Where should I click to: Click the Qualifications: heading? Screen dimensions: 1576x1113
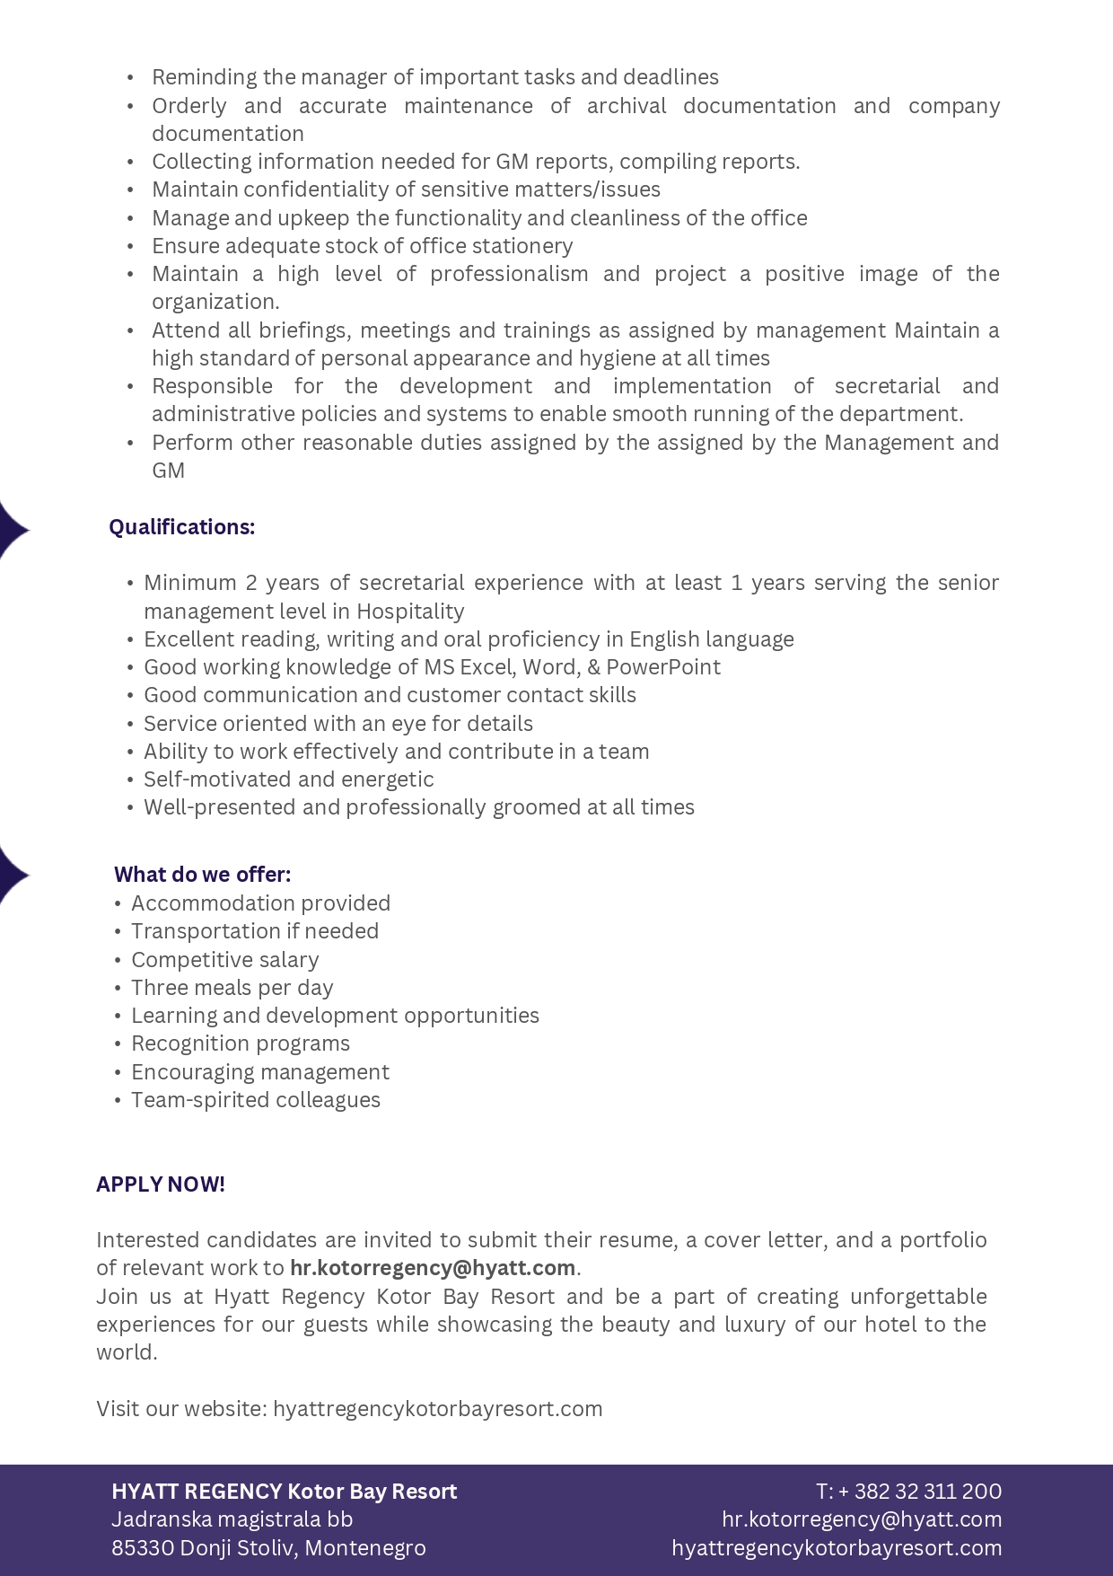[182, 527]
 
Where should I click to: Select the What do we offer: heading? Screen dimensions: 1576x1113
[203, 875]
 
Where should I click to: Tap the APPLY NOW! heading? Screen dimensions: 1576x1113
[161, 1184]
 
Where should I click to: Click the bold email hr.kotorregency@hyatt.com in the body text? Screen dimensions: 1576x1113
[433, 1268]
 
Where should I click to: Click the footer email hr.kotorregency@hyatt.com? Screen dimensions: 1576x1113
[862, 1519]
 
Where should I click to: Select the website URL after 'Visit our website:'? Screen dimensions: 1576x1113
[438, 1409]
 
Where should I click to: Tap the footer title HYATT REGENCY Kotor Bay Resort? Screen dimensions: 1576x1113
[285, 1492]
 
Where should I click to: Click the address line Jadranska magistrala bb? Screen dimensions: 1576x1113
[232, 1519]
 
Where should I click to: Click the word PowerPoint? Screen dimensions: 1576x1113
[663, 667]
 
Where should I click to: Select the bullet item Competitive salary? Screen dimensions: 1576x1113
[225, 960]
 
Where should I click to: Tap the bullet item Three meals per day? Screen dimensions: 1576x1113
[232, 988]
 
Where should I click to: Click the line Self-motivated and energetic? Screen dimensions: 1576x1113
[289, 779]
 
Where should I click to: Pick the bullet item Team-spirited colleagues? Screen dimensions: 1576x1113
[256, 1100]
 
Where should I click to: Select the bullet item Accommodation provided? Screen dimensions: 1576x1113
[261, 903]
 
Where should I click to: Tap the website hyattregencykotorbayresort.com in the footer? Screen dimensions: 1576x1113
[837, 1548]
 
